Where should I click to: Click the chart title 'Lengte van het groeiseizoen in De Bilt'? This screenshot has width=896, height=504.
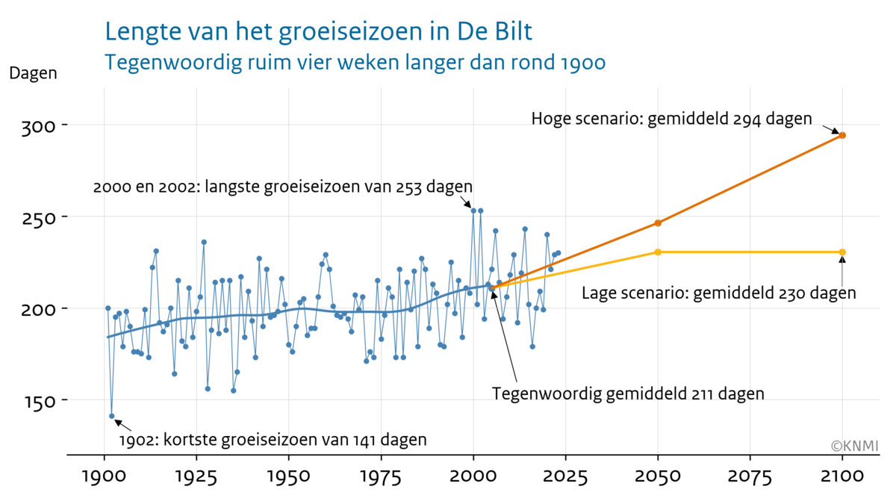pos(319,32)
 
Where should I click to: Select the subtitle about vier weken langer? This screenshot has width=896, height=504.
pos(355,63)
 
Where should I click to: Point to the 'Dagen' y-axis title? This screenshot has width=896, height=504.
pos(33,74)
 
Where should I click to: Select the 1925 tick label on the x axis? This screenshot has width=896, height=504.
pos(196,477)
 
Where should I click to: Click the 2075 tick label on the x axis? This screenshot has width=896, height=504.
pos(750,477)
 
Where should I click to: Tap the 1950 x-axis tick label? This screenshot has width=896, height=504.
pos(289,477)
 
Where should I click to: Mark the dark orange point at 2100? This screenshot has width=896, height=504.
pos(842,135)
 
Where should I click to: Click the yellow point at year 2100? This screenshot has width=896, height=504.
pos(842,252)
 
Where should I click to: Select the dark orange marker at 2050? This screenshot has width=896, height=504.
pos(658,223)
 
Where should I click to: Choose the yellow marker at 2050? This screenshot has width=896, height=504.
pos(658,252)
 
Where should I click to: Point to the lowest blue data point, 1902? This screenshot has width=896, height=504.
pos(112,416)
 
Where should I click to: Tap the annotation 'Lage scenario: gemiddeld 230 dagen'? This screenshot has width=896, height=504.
pos(718,293)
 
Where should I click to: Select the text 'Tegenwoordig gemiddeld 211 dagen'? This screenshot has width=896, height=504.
pos(628,393)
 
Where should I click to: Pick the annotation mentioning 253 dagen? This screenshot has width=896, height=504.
pos(283,187)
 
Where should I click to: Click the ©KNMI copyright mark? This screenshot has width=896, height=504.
pos(854,447)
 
